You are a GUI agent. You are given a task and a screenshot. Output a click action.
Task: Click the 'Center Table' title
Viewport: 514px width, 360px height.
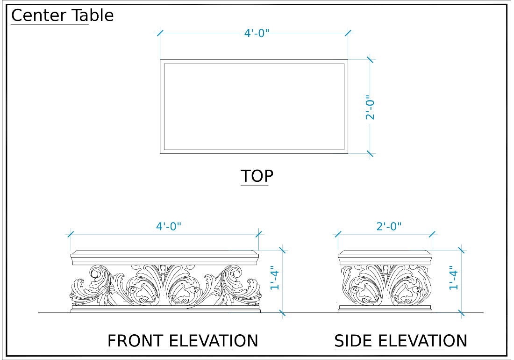pyautogui.click(x=62, y=15)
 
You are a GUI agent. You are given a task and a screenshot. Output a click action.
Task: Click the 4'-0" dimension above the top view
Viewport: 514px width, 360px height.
pyautogui.click(x=257, y=33)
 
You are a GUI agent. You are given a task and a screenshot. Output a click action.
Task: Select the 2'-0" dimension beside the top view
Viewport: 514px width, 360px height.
pyautogui.click(x=370, y=107)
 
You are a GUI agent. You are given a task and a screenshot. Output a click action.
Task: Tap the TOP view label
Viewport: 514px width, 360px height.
pyautogui.click(x=257, y=176)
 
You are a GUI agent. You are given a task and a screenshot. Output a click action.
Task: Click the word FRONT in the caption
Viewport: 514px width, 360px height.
pyautogui.click(x=136, y=341)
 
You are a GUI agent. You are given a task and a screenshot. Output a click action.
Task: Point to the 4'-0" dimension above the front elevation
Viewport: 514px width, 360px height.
pyautogui.click(x=169, y=226)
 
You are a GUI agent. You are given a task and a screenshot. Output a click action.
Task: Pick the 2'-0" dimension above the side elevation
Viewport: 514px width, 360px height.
pyautogui.click(x=389, y=226)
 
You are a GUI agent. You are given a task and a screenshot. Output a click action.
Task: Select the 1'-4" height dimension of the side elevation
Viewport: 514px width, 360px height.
pyautogui.click(x=453, y=277)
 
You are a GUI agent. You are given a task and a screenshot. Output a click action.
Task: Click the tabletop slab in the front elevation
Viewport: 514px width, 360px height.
pyautogui.click(x=164, y=258)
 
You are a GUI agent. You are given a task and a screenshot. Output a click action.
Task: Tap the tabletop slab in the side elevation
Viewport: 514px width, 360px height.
pyautogui.click(x=385, y=258)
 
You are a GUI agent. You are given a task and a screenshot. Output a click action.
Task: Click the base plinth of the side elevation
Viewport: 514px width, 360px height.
pyautogui.click(x=385, y=309)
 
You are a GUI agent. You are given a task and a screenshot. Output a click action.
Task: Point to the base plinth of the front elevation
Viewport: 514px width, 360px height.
pyautogui.click(x=165, y=309)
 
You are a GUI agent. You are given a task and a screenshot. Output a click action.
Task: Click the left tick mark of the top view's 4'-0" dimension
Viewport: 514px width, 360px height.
pyautogui.click(x=160, y=33)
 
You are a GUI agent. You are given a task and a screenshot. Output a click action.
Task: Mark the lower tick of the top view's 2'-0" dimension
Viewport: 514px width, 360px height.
pyautogui.click(x=370, y=153)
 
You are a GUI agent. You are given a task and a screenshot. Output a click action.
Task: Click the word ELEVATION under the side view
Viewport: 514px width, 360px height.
pyautogui.click(x=423, y=341)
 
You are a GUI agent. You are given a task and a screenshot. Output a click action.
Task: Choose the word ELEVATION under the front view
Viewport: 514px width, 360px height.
pyautogui.click(x=214, y=341)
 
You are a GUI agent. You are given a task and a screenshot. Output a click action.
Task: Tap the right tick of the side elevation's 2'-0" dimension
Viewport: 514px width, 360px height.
pyautogui.click(x=432, y=234)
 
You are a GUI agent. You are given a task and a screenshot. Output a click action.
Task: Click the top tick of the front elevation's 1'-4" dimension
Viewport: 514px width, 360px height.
pyautogui.click(x=282, y=250)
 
